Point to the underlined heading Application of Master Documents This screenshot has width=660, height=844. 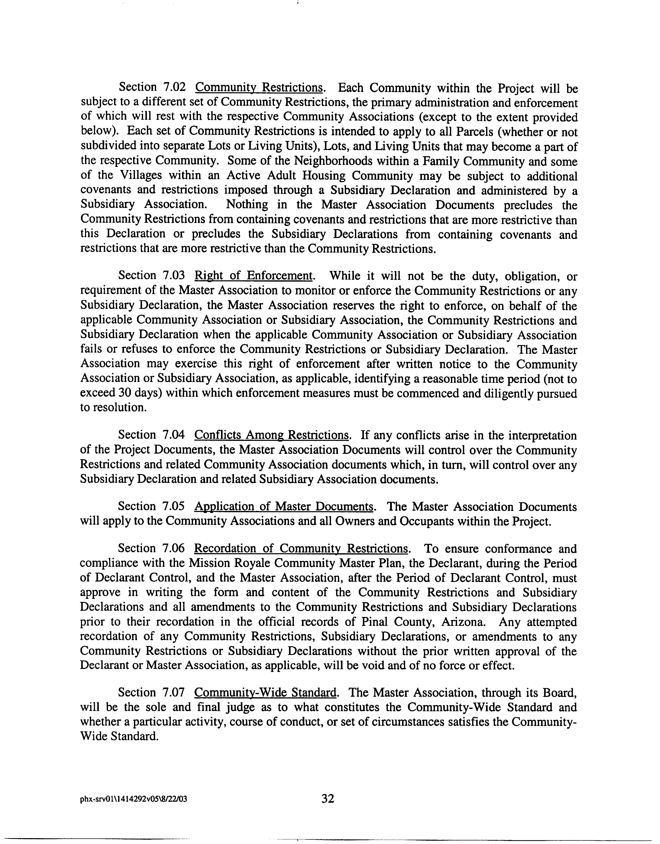point(284,507)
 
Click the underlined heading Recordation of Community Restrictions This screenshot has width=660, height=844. point(301,549)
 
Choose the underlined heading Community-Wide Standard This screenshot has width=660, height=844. point(265,692)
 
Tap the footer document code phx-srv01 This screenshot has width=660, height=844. point(133,799)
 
